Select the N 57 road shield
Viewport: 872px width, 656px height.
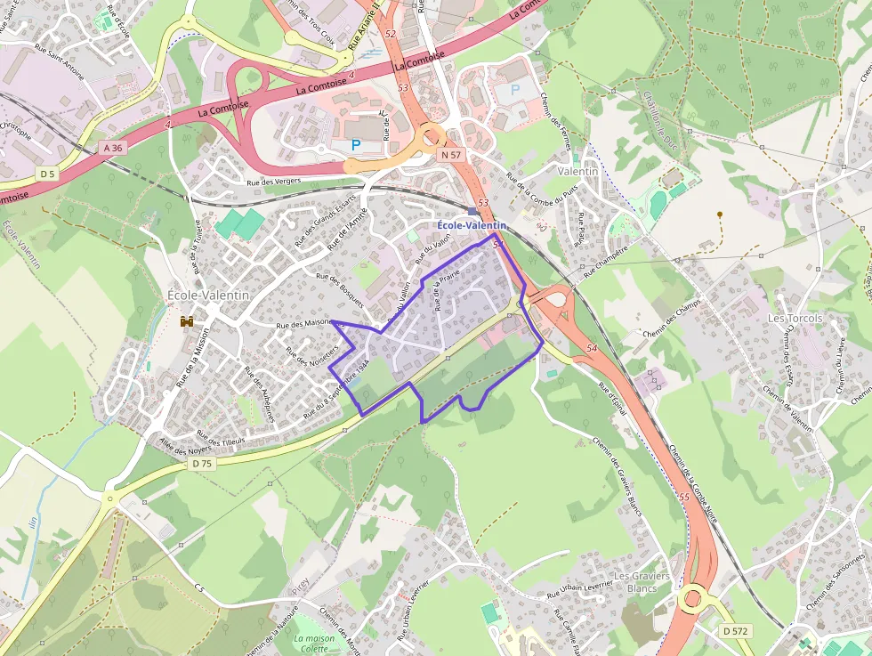[x=452, y=154]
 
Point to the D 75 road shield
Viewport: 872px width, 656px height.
[x=202, y=463]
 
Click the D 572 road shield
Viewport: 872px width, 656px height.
[x=735, y=630]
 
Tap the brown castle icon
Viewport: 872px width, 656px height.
[x=188, y=321]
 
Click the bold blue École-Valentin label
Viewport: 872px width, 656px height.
[x=471, y=226]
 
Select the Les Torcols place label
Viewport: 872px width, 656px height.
[x=795, y=318]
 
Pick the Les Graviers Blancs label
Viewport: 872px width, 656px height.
[x=642, y=582]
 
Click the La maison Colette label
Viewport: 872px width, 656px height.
[x=313, y=644]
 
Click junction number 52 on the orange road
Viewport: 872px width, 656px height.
[x=391, y=34]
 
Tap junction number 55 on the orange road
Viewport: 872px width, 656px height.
[x=683, y=497]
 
